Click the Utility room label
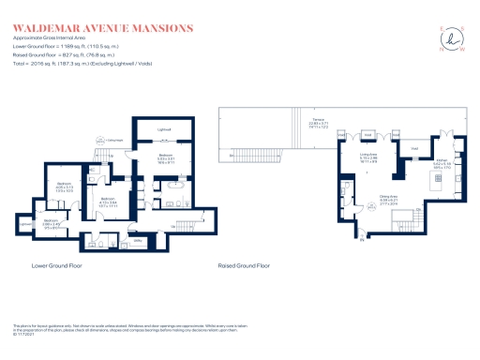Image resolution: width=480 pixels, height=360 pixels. [137, 241]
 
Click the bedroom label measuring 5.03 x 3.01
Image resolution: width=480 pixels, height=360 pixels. [165, 158]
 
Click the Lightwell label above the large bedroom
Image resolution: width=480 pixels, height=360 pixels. [164, 128]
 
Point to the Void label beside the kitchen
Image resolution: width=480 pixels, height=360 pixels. [412, 147]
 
